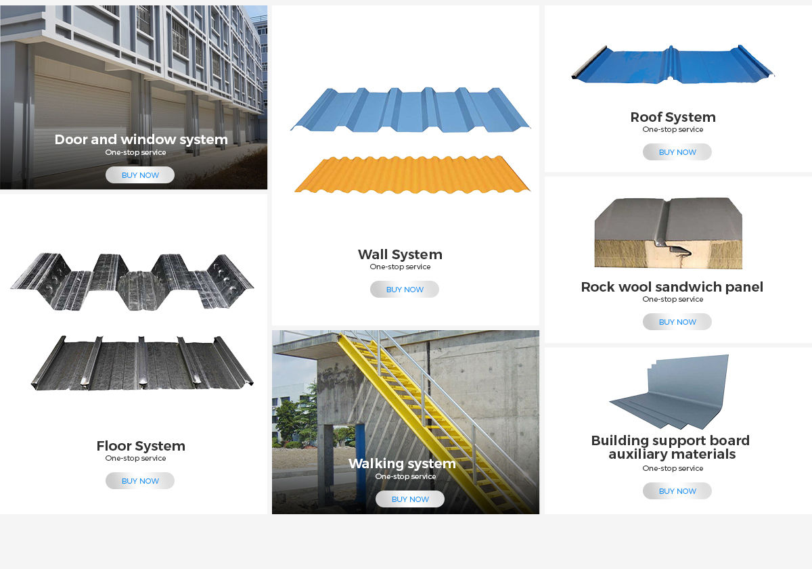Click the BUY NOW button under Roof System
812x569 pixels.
pyautogui.click(x=677, y=152)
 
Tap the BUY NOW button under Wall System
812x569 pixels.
pyautogui.click(x=405, y=290)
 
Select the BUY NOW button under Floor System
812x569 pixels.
pyautogui.click(x=140, y=481)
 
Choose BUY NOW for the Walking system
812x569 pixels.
pyautogui.click(x=410, y=499)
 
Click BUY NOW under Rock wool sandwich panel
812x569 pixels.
pyautogui.click(x=677, y=322)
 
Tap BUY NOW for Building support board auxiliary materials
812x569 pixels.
pyautogui.click(x=677, y=491)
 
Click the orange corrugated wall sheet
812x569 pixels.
pyautogui.click(x=411, y=175)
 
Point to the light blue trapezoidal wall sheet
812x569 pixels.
pyautogui.click(x=410, y=110)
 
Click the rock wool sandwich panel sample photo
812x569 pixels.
pyautogui.click(x=668, y=233)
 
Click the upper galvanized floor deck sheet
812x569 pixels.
pyautogui.click(x=132, y=280)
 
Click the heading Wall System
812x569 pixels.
pyautogui.click(x=400, y=254)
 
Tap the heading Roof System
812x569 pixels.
pyautogui.click(x=673, y=117)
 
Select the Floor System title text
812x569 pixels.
pyautogui.click(x=141, y=446)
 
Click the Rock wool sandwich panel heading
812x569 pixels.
pyautogui.click(x=672, y=287)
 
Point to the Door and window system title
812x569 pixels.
pyautogui.click(x=141, y=139)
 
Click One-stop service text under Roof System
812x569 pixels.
pyautogui.click(x=673, y=129)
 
